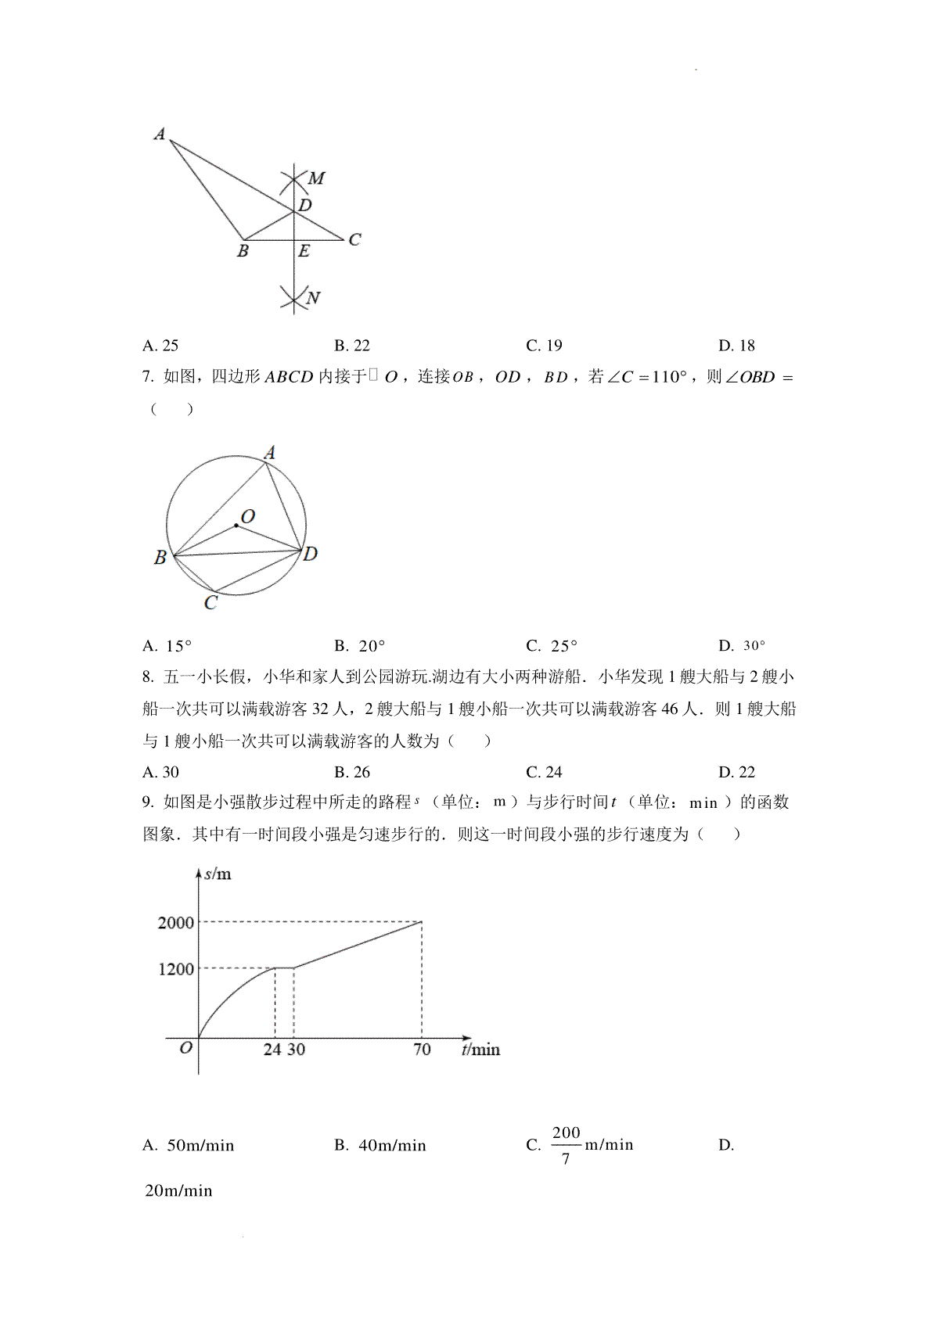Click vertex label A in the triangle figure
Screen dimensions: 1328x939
160,134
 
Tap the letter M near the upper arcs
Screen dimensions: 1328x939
316,178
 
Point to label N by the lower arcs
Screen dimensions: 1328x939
313,298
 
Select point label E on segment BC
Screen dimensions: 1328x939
304,251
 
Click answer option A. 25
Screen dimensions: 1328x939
160,346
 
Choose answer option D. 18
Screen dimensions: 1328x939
736,346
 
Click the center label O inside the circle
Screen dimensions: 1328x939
248,516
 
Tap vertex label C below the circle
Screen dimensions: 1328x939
210,603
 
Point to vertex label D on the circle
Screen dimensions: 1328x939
311,554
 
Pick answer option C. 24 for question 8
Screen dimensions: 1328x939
544,773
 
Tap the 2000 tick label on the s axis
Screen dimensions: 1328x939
175,923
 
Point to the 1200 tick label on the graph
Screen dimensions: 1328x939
175,970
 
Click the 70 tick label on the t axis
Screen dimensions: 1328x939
422,1050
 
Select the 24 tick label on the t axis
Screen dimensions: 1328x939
272,1050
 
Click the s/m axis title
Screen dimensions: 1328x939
218,874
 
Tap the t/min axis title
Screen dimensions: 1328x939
480,1050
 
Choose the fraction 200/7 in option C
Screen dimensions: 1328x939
566,1145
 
